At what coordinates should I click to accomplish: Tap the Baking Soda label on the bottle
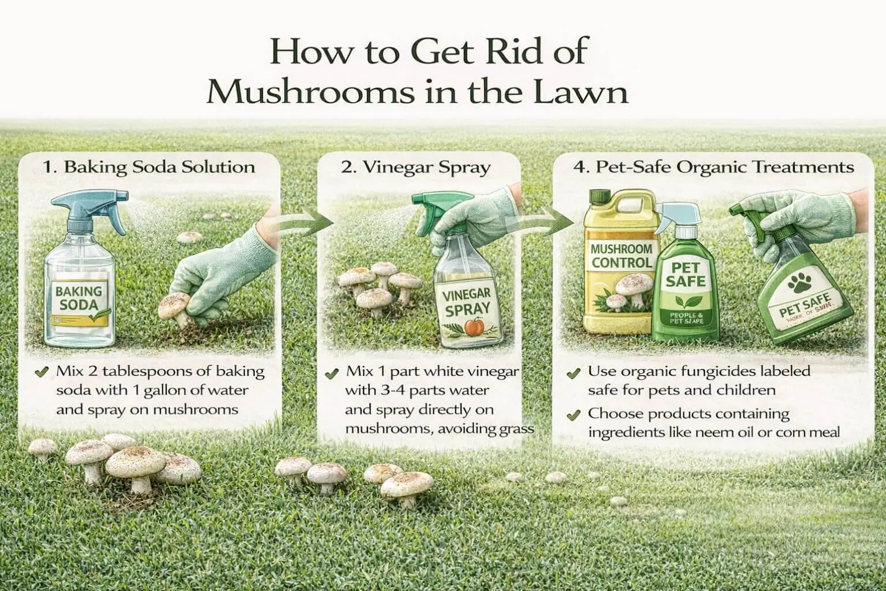point(79,298)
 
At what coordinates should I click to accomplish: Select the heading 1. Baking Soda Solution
point(149,167)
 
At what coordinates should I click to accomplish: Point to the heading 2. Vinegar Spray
point(415,167)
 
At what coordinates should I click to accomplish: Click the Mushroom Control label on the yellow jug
point(622,256)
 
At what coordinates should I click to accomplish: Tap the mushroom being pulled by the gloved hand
point(175,306)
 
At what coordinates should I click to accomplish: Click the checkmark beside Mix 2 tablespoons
point(41,372)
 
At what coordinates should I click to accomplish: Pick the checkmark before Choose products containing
point(573,414)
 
